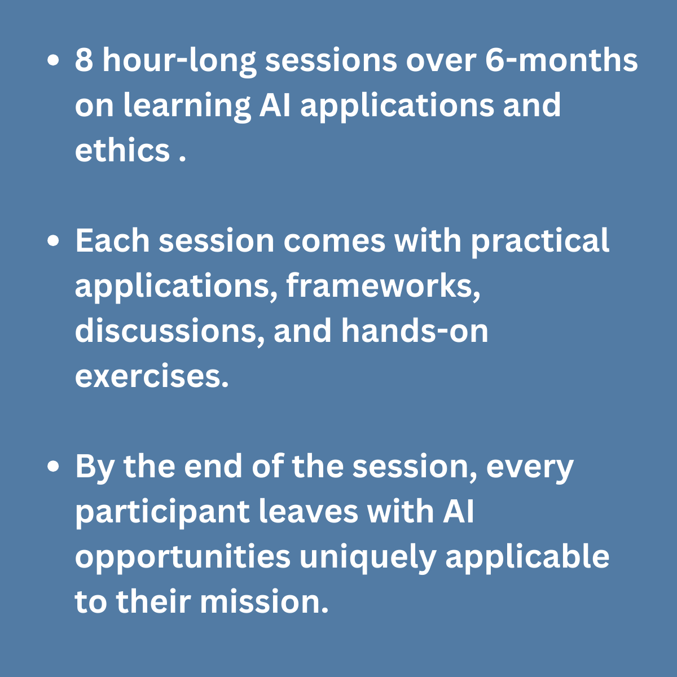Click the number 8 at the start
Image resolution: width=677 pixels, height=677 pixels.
click(84, 60)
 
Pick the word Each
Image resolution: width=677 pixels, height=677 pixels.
click(112, 241)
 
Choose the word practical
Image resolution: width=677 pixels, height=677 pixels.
click(540, 243)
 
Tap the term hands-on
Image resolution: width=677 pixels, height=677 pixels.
click(415, 331)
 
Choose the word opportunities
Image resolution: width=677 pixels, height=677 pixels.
click(183, 559)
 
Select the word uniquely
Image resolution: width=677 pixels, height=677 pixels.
click(367, 559)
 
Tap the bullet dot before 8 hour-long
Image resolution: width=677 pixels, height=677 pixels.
click(53, 60)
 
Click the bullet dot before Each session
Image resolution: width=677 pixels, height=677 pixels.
click(53, 241)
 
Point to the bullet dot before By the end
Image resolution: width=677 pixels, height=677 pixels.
click(53, 467)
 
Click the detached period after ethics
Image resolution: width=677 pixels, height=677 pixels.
click(182, 159)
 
